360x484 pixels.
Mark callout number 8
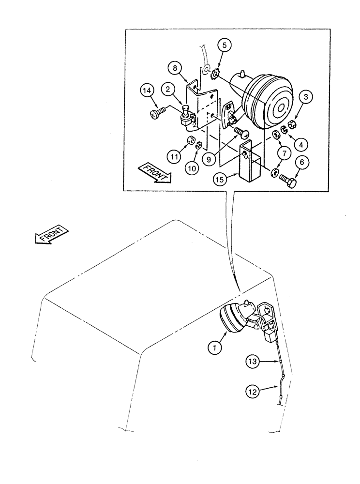pyautogui.click(x=176, y=65)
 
